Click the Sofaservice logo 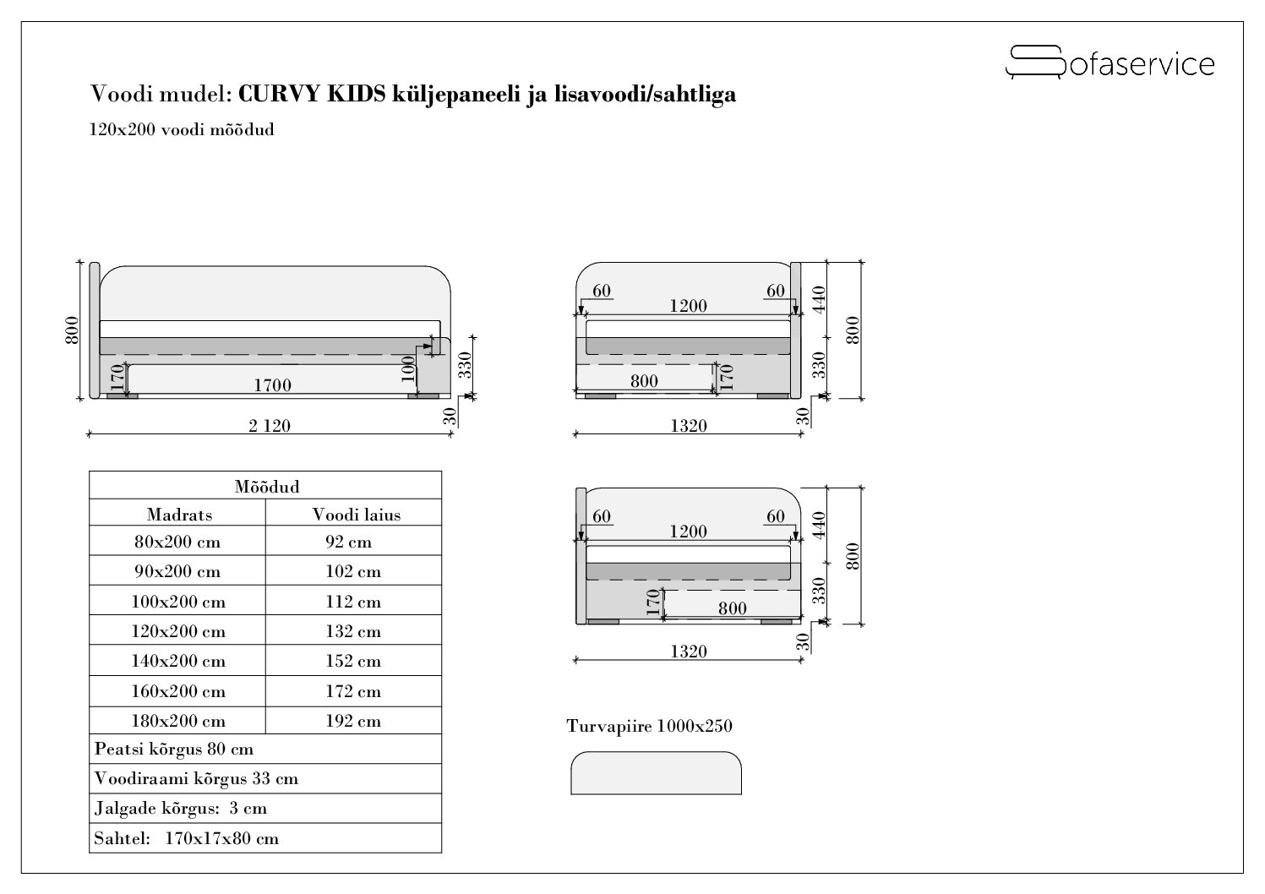[1110, 63]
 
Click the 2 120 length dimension [270, 426]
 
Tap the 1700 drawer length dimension [272, 385]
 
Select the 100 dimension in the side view [409, 369]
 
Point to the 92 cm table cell [349, 542]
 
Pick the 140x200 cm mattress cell [178, 661]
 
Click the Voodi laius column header [357, 514]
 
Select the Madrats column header [179, 514]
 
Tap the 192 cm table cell [353, 721]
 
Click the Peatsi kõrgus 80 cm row [174, 749]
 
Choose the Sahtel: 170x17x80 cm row [187, 838]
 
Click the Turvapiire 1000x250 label [650, 726]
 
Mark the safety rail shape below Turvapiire [656, 773]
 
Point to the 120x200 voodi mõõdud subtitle [182, 130]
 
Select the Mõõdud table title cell [266, 487]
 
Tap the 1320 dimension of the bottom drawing [688, 651]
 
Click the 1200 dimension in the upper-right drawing [688, 306]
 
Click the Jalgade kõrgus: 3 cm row [181, 808]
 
